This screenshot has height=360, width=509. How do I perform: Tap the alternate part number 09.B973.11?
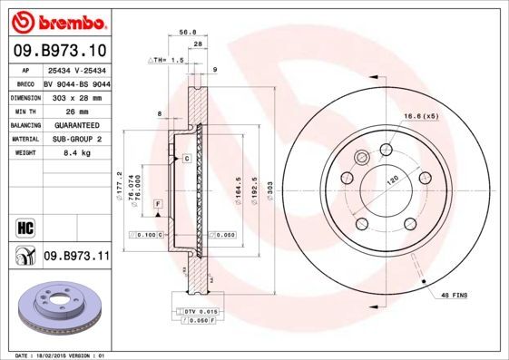click(x=76, y=257)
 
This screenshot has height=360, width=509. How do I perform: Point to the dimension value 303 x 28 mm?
click(x=75, y=96)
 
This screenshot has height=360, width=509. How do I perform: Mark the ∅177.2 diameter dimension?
click(x=119, y=186)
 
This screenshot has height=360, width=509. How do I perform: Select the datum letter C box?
click(x=186, y=159)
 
